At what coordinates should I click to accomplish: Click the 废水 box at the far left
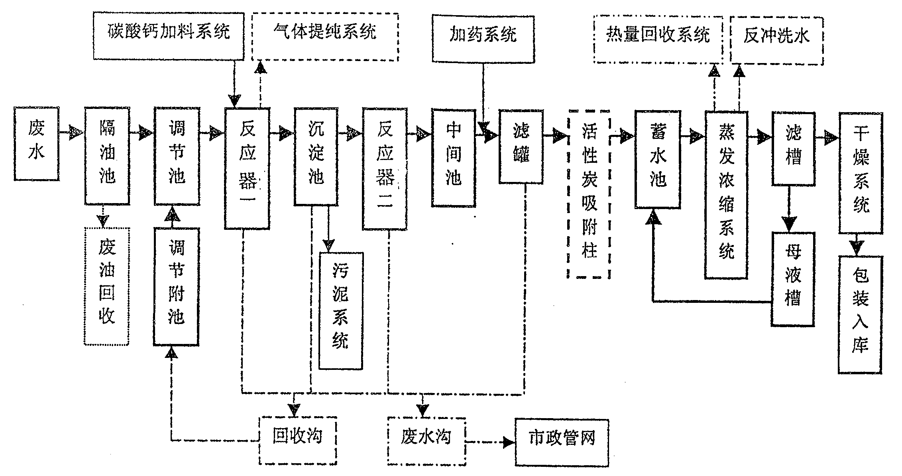[x=36, y=143]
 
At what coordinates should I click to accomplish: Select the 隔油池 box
[x=107, y=156]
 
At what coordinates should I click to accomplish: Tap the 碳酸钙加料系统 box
[x=168, y=36]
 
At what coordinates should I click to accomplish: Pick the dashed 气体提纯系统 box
[x=325, y=37]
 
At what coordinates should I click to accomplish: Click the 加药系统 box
[x=483, y=39]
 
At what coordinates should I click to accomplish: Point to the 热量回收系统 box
[x=658, y=39]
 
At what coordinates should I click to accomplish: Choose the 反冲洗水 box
[x=776, y=41]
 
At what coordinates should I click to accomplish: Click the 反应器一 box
[x=247, y=168]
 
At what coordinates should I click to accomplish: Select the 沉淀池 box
[x=316, y=156]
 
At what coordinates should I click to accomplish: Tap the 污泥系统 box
[x=340, y=310]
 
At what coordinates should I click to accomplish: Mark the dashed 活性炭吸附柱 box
[x=589, y=194]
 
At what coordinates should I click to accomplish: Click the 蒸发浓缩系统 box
[x=726, y=195]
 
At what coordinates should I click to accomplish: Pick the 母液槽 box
[x=792, y=278]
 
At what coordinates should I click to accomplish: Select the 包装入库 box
[x=860, y=314]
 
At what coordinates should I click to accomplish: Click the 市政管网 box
[x=562, y=442]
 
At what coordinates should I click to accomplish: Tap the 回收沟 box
[x=298, y=440]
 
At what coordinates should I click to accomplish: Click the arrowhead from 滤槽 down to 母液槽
[x=789, y=224]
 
